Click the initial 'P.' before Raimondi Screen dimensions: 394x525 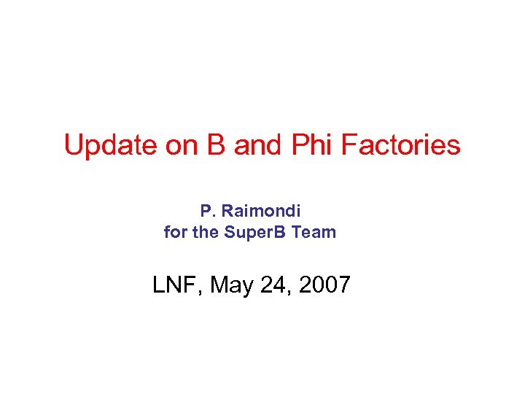[x=206, y=211]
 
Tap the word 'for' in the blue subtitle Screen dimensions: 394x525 [x=175, y=233]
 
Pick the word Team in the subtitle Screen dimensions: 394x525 [x=315, y=233]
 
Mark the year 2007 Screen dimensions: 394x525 [x=324, y=285]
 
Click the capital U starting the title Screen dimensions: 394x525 [x=73, y=145]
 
